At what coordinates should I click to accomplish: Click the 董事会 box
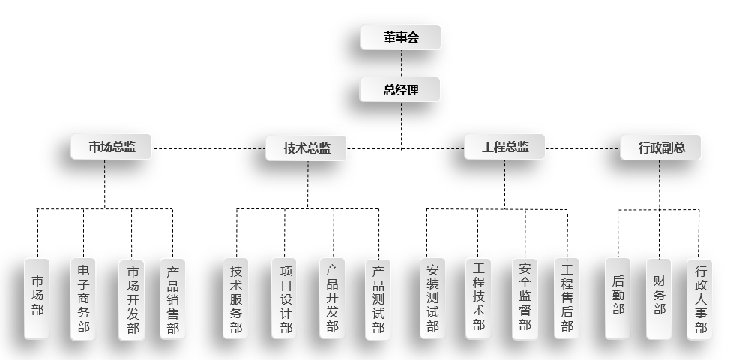pyautogui.click(x=400, y=37)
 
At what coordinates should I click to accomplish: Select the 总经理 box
pyautogui.click(x=400, y=90)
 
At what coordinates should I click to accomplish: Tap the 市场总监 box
pyautogui.click(x=112, y=147)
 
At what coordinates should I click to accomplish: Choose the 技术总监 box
pyautogui.click(x=307, y=148)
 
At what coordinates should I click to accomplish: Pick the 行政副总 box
pyautogui.click(x=660, y=148)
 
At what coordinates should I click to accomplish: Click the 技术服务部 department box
pyautogui.click(x=236, y=298)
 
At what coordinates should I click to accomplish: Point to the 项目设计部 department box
pyautogui.click(x=285, y=298)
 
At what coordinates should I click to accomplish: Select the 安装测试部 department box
pyautogui.click(x=432, y=298)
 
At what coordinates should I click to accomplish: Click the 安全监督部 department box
pyautogui.click(x=525, y=298)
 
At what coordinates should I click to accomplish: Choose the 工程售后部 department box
pyautogui.click(x=567, y=298)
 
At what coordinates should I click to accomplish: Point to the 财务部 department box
pyautogui.click(x=659, y=298)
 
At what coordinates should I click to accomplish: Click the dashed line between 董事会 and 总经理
pyautogui.click(x=400, y=64)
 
